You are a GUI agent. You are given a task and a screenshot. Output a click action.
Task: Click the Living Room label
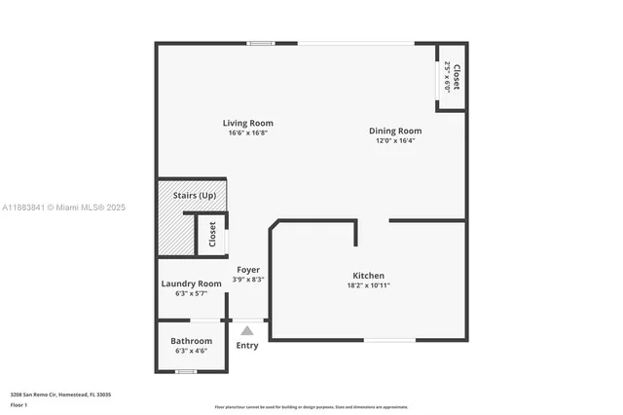(247, 123)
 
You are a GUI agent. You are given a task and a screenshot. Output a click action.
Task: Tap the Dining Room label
(394, 131)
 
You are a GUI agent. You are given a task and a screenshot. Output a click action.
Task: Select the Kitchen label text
(368, 276)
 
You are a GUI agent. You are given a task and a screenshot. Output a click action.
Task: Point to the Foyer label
(248, 269)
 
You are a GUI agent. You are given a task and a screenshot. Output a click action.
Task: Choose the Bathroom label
(191, 341)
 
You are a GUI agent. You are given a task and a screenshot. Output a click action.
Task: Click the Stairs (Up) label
(195, 196)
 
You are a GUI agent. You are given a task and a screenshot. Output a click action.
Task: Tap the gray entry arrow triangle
(247, 331)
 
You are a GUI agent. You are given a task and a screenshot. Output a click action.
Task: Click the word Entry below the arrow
(247, 346)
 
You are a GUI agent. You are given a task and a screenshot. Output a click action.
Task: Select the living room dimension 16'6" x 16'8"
(247, 133)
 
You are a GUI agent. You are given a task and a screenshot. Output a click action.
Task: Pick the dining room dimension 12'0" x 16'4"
(394, 140)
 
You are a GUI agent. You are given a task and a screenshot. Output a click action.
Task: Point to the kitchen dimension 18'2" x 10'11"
(368, 285)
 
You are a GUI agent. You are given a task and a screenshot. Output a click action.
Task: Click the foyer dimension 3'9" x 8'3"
(248, 280)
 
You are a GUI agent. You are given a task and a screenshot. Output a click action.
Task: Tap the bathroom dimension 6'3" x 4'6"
(191, 351)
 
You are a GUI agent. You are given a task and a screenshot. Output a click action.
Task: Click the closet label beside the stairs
(212, 235)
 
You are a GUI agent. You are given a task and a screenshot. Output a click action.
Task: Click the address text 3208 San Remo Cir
(60, 394)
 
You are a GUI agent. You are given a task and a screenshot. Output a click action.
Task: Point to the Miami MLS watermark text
(63, 207)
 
